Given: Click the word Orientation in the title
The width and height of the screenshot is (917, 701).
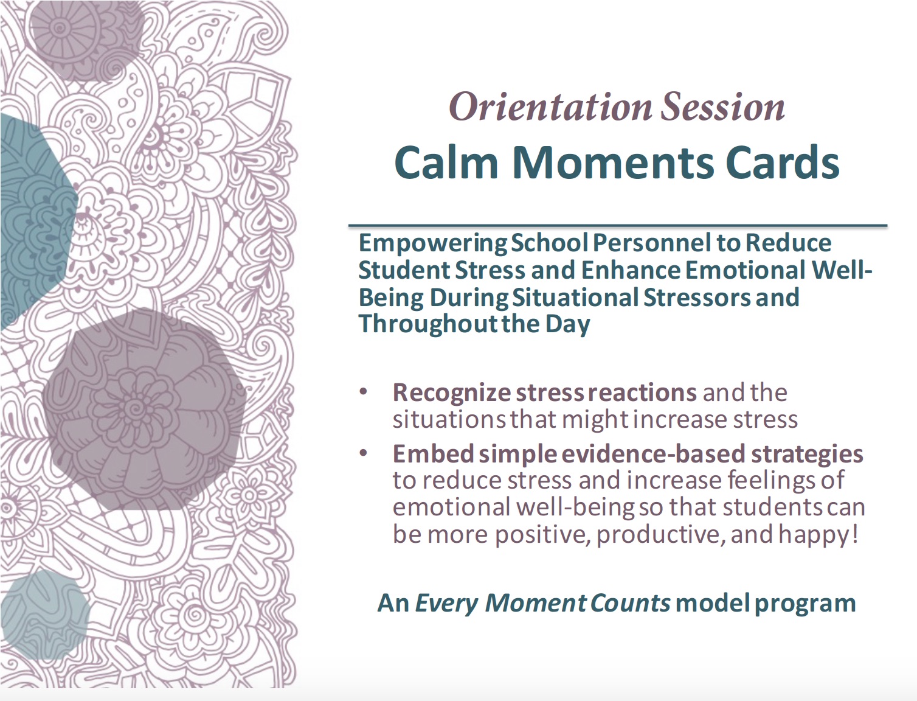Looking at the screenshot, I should [x=550, y=107].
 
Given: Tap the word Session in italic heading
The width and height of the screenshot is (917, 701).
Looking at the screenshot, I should [x=722, y=107].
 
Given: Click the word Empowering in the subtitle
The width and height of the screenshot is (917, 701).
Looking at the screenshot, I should [x=432, y=243].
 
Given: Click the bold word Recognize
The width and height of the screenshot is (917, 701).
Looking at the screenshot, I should [x=451, y=392].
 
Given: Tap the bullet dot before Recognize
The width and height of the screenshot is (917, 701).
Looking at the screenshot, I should [x=364, y=391].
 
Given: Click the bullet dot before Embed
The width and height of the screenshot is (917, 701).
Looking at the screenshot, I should [x=364, y=453].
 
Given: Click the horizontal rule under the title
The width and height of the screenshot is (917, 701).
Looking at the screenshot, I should [x=617, y=226].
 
